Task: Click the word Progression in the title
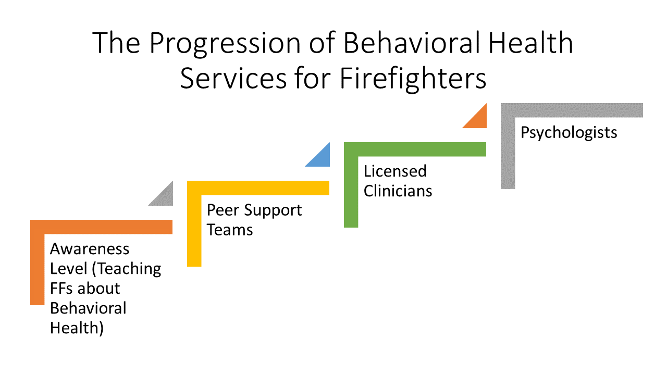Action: pyautogui.click(x=225, y=43)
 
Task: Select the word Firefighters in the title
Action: pyautogui.click(x=413, y=79)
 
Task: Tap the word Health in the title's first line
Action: pyautogui.click(x=530, y=43)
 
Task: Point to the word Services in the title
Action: pyautogui.click(x=233, y=79)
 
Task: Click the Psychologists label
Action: pyautogui.click(x=569, y=133)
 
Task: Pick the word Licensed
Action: pyautogui.click(x=395, y=171)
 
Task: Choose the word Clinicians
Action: pyautogui.click(x=398, y=191)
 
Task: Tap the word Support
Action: pyautogui.click(x=273, y=211)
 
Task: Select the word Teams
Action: pyautogui.click(x=230, y=230)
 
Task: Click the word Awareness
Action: pyautogui.click(x=90, y=249)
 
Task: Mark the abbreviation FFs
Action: pyautogui.click(x=61, y=289)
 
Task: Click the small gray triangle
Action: pyautogui.click(x=165, y=197)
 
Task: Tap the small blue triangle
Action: pyautogui.click(x=322, y=159)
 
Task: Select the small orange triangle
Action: pyautogui.click(x=479, y=120)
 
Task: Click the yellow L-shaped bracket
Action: pyautogui.click(x=258, y=188)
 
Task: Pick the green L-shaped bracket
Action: pyautogui.click(x=415, y=149)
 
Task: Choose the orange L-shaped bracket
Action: pyautogui.click(x=101, y=227)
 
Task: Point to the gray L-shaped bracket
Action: pyautogui.click(x=572, y=110)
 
